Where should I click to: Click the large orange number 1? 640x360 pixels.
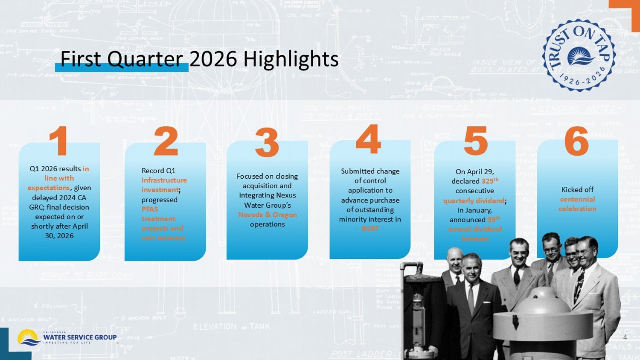coord(59,140)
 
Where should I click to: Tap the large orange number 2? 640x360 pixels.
coord(166,141)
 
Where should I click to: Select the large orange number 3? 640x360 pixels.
coord(267,142)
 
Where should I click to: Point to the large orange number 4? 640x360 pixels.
coord(368,139)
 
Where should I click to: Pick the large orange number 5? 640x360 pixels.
coord(475,141)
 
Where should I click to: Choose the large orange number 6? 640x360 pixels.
coord(576,141)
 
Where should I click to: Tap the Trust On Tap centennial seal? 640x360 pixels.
coord(579,55)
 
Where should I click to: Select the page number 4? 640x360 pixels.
coord(625,337)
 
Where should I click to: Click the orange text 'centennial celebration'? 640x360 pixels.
coord(577,204)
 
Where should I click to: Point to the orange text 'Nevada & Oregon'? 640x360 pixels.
coord(268,215)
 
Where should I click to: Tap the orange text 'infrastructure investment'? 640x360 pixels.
coord(164,185)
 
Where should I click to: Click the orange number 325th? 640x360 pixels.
coord(490,181)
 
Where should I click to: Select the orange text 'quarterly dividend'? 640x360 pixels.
coord(474,200)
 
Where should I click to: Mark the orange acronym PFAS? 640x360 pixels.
coord(150,209)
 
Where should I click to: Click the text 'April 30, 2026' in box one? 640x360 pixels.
coord(59,231)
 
